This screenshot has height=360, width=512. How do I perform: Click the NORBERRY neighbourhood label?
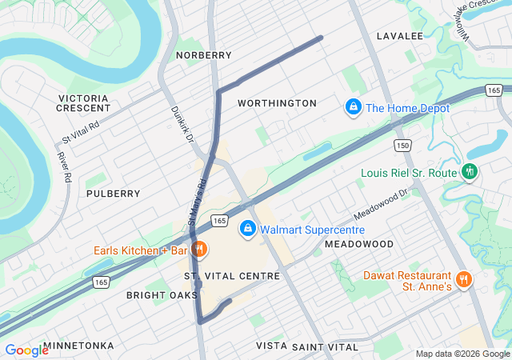(205, 55)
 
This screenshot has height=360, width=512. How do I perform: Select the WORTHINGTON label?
(277, 103)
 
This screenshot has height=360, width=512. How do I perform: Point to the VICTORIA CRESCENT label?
(84, 102)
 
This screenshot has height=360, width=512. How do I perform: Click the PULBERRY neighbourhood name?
(113, 194)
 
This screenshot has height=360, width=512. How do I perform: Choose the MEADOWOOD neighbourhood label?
(359, 243)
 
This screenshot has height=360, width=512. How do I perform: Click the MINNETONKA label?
(78, 346)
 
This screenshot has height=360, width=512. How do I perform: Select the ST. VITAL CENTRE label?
(232, 276)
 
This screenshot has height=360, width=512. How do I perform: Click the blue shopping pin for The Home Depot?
(352, 106)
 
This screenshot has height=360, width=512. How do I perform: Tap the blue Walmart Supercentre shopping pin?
(248, 230)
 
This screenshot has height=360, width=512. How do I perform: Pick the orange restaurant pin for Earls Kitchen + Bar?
(199, 250)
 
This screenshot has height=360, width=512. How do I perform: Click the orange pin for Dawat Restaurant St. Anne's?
(464, 280)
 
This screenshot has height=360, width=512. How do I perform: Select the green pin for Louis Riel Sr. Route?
(470, 172)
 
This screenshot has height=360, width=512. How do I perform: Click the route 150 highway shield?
(402, 145)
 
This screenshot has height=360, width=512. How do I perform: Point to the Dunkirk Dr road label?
(182, 126)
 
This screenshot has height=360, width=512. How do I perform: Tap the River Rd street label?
(63, 165)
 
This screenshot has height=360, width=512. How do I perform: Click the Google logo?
(26, 350)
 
